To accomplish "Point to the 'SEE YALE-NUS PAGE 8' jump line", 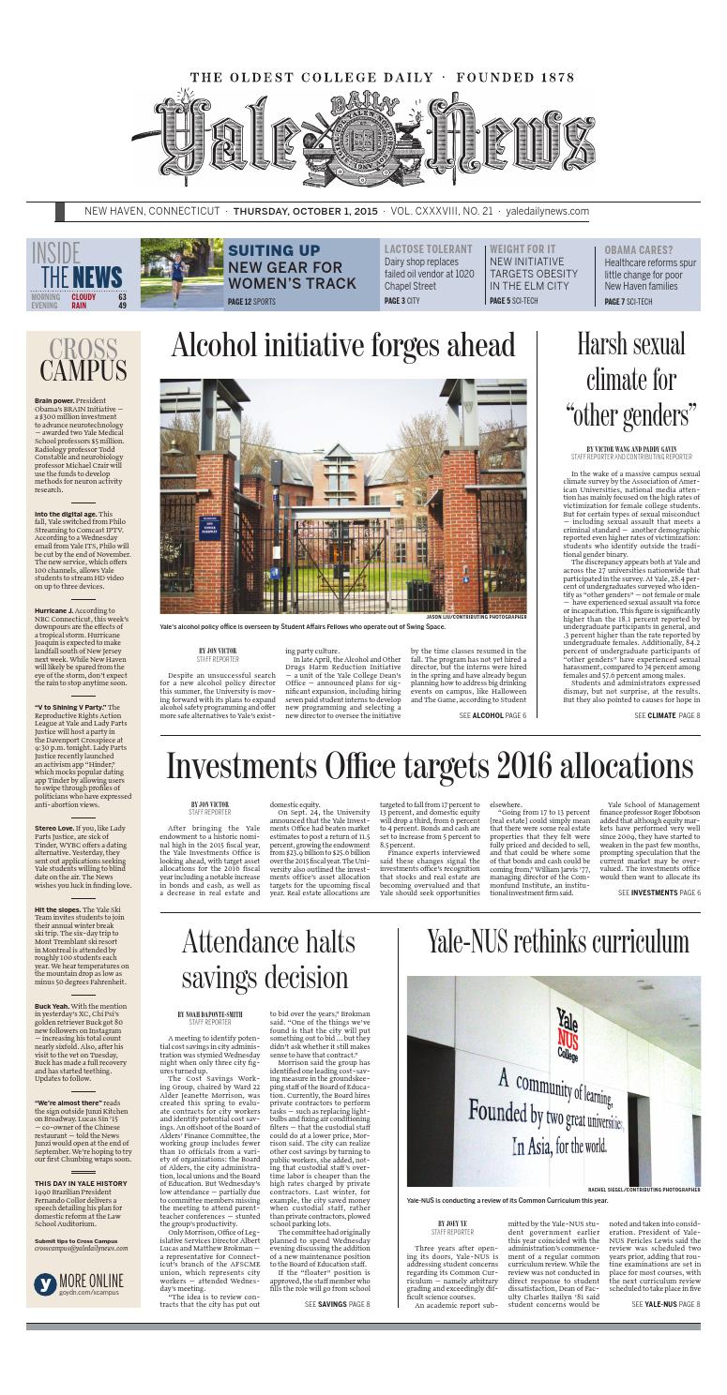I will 666,1357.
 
